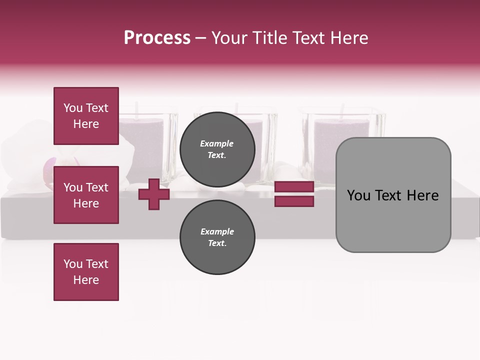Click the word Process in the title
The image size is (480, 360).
[157, 38]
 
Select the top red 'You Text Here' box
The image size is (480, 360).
[86, 116]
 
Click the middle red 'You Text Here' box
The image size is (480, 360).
[86, 195]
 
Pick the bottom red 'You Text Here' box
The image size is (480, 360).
[86, 272]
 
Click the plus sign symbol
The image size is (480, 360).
[154, 194]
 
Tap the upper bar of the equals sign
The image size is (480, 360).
[294, 187]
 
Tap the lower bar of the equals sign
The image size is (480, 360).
[294, 201]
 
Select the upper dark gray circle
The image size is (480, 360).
[217, 149]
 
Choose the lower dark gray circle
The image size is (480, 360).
[217, 237]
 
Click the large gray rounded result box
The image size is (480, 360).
[393, 220]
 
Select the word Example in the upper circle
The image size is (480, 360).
[217, 143]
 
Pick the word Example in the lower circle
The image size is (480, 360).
[217, 231]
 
